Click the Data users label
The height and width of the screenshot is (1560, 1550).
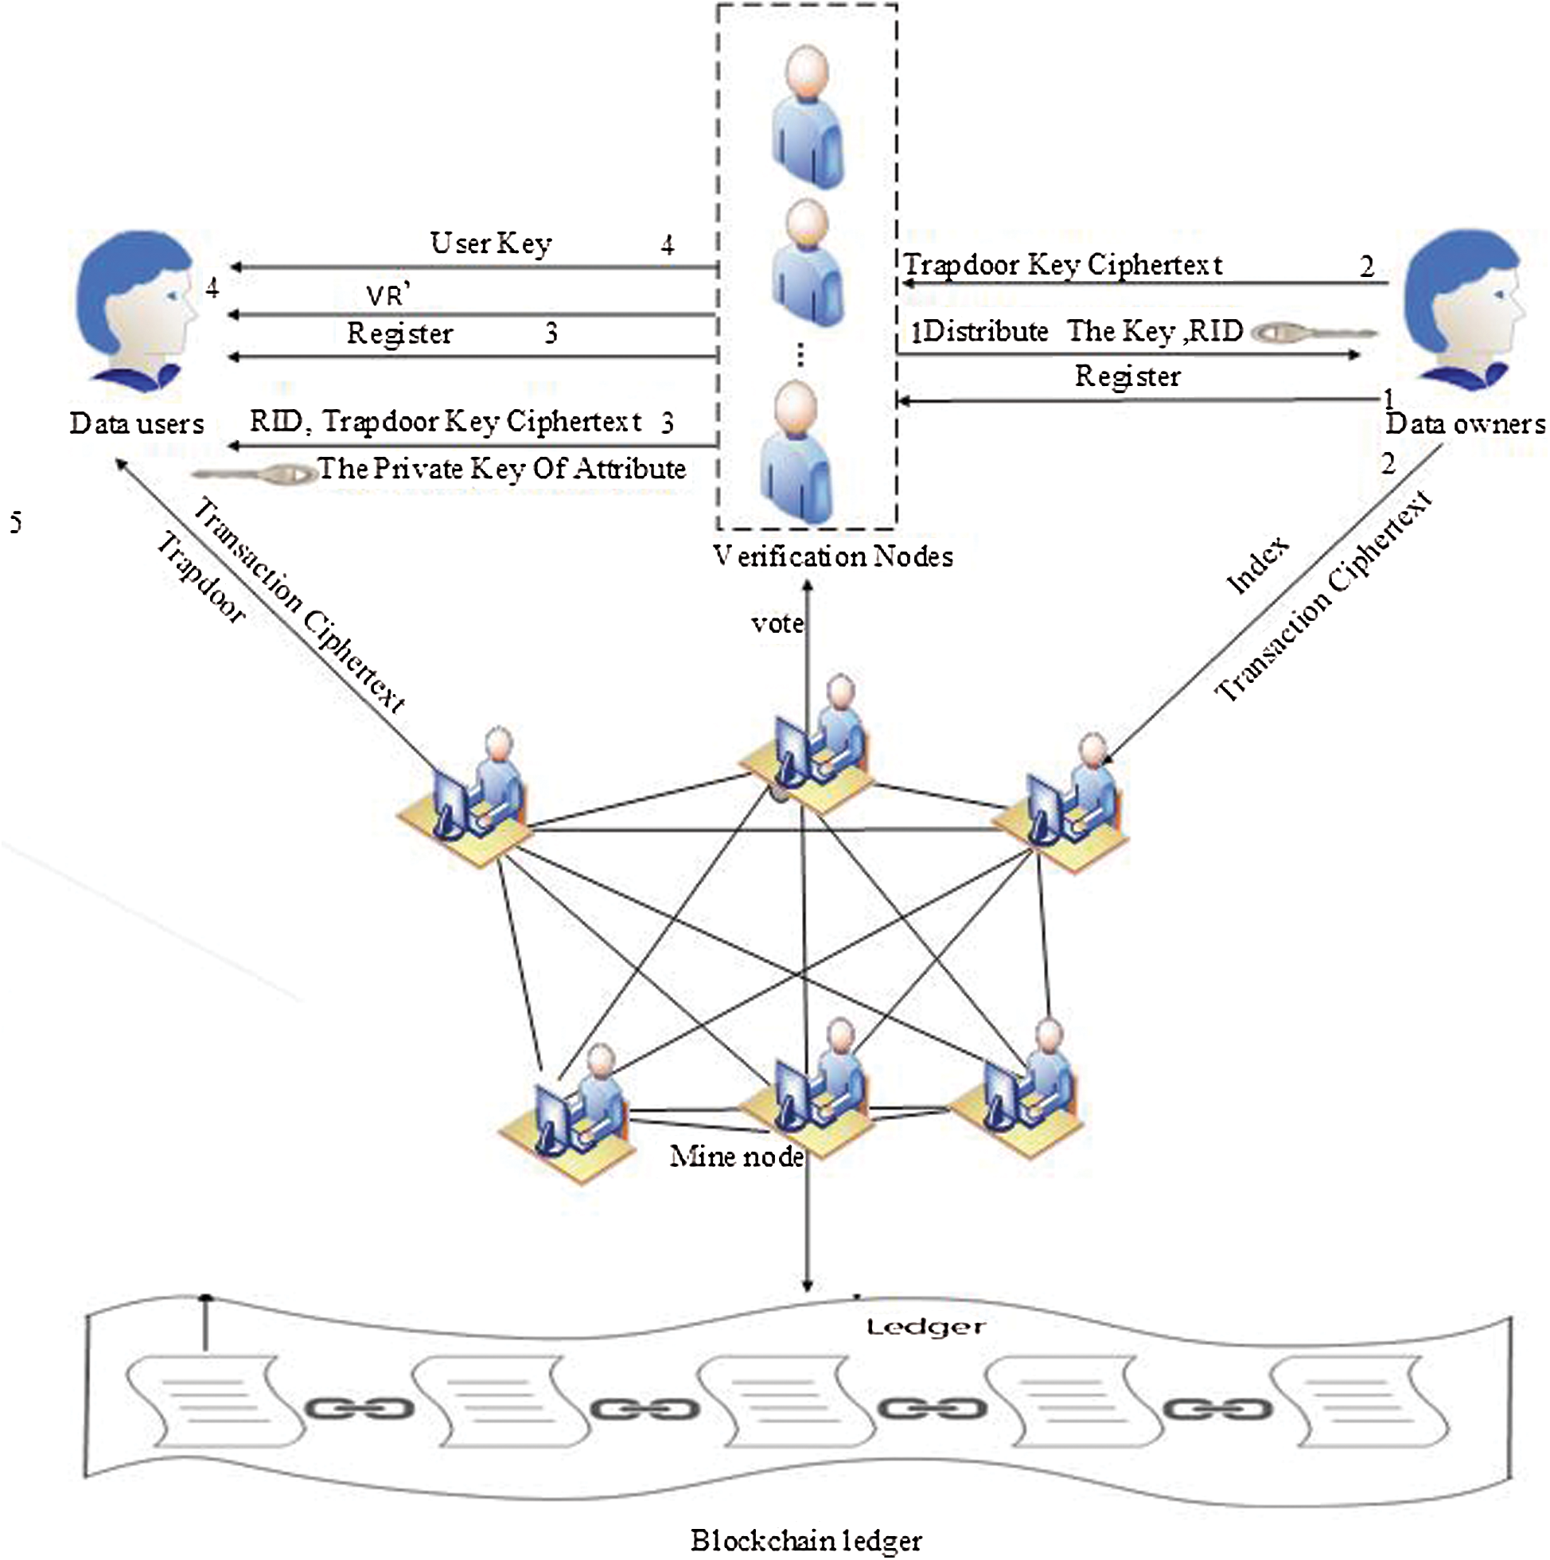136,424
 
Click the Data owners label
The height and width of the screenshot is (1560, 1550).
1464,424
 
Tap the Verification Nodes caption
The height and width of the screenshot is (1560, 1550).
832,556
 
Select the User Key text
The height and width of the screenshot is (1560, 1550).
490,243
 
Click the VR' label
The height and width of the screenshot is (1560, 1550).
388,295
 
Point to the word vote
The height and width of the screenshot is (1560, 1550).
777,623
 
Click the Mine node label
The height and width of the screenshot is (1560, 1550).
736,1157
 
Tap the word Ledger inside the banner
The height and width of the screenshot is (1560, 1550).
925,1327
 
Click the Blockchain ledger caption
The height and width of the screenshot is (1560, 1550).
806,1541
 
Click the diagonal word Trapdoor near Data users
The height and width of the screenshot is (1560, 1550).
201,578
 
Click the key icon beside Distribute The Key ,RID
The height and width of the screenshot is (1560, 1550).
1312,333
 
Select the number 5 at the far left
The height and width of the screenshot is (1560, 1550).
15,522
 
